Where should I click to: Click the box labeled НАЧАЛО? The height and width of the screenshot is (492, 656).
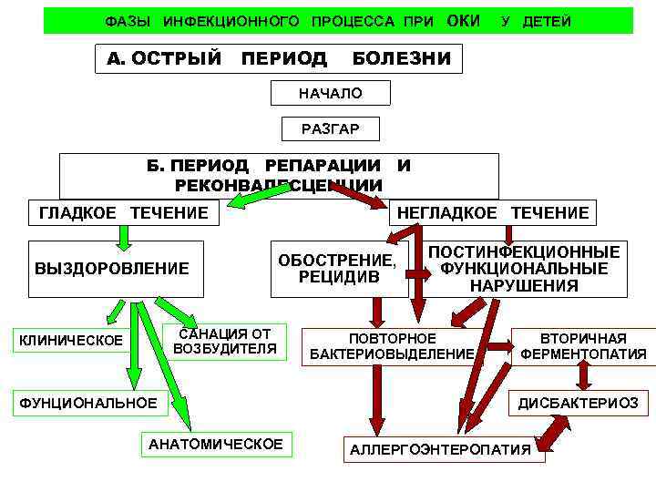click(x=330, y=93)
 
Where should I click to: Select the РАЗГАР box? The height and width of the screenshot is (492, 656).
click(x=330, y=129)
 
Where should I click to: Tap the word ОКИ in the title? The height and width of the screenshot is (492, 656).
click(x=464, y=20)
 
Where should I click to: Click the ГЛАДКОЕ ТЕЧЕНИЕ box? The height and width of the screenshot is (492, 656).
click(x=124, y=212)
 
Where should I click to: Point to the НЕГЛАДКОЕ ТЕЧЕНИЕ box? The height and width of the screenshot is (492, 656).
click(x=492, y=212)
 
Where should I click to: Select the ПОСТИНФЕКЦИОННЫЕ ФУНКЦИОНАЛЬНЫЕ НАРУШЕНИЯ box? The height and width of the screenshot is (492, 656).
click(x=524, y=269)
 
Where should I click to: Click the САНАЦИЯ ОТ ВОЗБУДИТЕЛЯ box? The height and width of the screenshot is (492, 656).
click(x=224, y=339)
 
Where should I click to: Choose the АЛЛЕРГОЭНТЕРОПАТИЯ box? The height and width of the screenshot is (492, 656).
click(x=440, y=449)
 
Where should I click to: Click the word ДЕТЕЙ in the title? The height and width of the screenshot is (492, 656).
click(x=547, y=21)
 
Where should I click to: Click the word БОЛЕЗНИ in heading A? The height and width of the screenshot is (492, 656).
click(x=401, y=59)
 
